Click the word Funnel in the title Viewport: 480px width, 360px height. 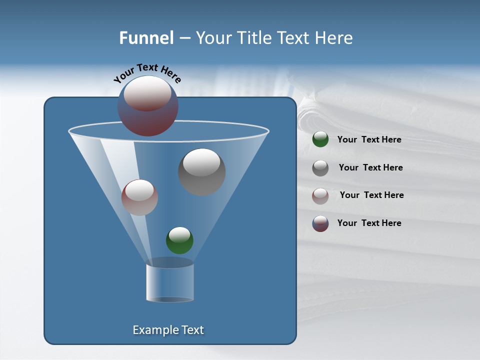146,38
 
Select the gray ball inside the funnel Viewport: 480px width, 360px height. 202,172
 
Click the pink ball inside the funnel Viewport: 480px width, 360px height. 139,198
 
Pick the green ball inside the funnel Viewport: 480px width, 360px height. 179,240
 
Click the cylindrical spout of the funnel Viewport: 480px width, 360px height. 170,282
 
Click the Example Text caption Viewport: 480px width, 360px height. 168,330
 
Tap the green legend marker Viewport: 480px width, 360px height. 320,139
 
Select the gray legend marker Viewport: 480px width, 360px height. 320,168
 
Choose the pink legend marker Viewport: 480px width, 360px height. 320,195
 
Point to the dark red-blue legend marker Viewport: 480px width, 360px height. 320,223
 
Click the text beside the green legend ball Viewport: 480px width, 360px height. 369,140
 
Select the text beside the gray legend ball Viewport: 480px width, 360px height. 370,168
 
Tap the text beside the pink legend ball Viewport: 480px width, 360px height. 371,195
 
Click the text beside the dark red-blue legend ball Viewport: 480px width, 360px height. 369,223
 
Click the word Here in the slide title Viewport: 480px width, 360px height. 334,38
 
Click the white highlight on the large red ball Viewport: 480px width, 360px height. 147,93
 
